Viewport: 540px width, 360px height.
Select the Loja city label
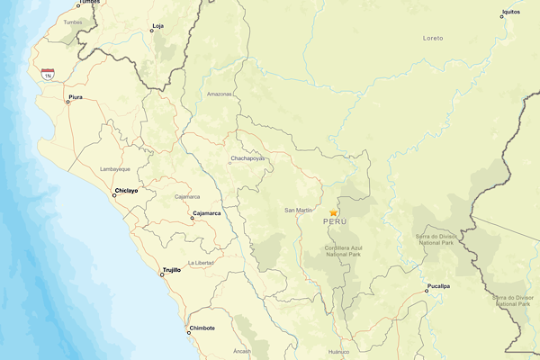pyautogui.click(x=158, y=26)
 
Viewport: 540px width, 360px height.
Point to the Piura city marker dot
pyautogui.click(x=68, y=102)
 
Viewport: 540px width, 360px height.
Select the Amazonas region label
pyautogui.click(x=219, y=94)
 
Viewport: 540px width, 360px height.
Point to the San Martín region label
pyautogui.click(x=298, y=210)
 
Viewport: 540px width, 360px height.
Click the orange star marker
pyautogui.click(x=333, y=212)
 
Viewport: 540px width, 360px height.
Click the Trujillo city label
pyautogui.click(x=171, y=269)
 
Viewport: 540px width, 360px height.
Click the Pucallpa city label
pyautogui.click(x=438, y=285)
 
